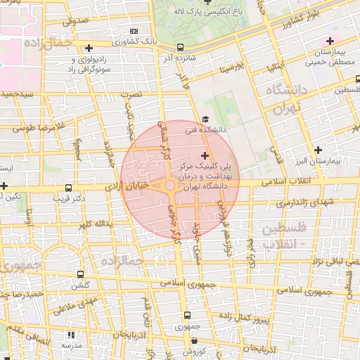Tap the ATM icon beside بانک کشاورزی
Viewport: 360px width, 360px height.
tap(134, 32)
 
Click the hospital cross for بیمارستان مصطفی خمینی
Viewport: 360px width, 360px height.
tap(330, 41)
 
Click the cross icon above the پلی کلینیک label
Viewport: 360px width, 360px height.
tap(205, 155)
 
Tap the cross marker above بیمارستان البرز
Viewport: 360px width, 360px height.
tap(319, 150)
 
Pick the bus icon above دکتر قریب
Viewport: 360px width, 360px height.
tap(68, 188)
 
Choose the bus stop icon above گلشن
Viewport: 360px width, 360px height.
tap(80, 274)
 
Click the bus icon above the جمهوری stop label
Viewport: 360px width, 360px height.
tap(186, 315)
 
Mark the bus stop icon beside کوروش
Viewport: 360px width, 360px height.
tap(187, 340)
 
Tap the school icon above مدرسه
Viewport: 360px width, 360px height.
tap(70, 335)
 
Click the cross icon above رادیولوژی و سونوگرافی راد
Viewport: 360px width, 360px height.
tap(89, 49)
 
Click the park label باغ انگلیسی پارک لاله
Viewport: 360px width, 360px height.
tap(211, 12)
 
